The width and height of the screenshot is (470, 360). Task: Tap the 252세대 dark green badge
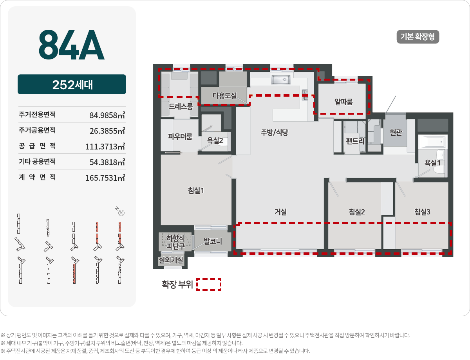(x=72, y=85)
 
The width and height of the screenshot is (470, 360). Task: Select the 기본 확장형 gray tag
(x=418, y=37)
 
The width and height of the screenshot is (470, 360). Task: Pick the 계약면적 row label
(x=37, y=177)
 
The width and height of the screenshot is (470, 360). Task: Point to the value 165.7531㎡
(x=105, y=178)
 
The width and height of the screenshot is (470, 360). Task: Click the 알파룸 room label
(x=343, y=102)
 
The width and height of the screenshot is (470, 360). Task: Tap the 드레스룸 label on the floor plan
(x=181, y=106)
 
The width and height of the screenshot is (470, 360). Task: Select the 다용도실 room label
(x=224, y=95)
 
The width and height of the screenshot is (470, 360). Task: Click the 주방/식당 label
(x=275, y=132)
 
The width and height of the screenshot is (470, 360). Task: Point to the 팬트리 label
(x=355, y=141)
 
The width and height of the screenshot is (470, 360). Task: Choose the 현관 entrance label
(x=396, y=133)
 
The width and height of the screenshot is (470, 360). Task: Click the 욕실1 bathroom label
(x=433, y=163)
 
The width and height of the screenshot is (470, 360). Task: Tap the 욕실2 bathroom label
(x=215, y=141)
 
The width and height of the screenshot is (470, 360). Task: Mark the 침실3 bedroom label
(x=423, y=212)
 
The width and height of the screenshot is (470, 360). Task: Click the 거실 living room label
(x=280, y=212)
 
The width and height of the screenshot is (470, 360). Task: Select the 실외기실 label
(x=171, y=260)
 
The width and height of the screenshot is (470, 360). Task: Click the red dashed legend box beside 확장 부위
(x=209, y=284)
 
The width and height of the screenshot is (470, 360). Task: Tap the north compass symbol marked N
(x=121, y=213)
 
